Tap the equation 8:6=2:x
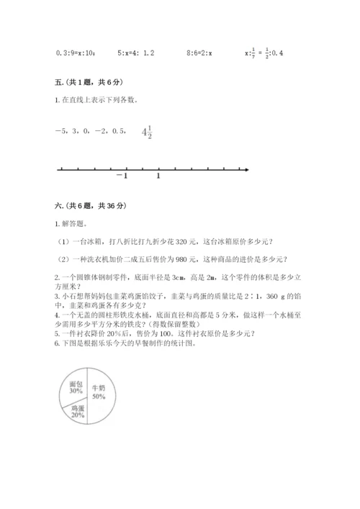click(x=204, y=53)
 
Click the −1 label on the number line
click(x=122, y=176)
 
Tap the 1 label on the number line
click(x=158, y=176)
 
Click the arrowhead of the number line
click(x=246, y=169)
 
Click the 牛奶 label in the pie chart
click(x=99, y=387)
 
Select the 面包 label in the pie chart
click(x=69, y=385)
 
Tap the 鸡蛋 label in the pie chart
click(x=78, y=407)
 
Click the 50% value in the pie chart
click(x=99, y=396)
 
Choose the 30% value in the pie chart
click(x=69, y=393)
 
